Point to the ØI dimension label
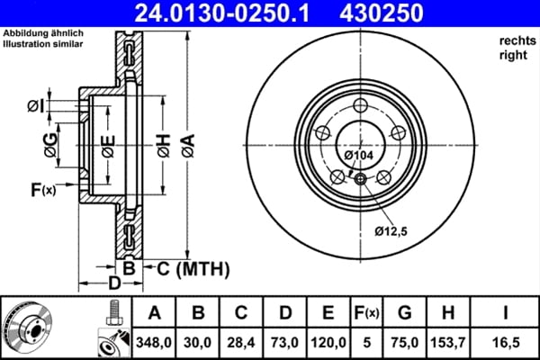[34, 107]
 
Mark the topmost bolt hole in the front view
[361, 103]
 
